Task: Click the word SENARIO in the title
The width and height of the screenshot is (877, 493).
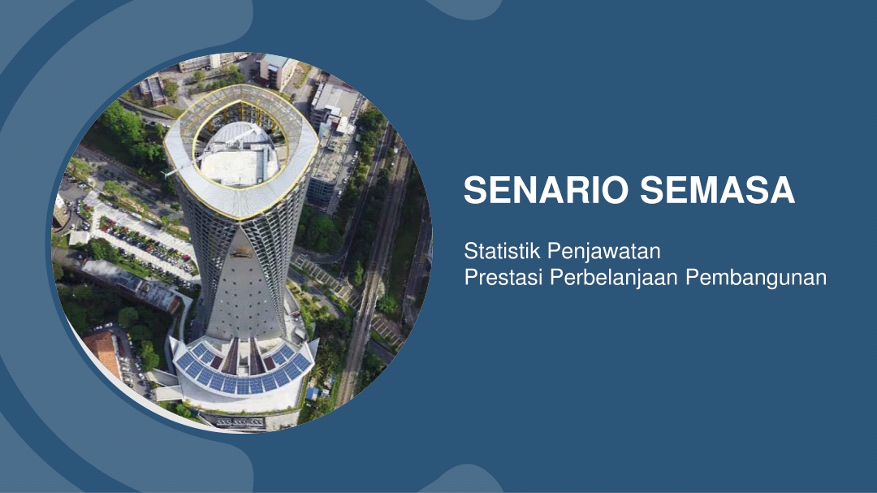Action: (547, 190)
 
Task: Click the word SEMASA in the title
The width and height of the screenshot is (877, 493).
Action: (718, 190)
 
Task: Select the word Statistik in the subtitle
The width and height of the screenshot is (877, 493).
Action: (503, 251)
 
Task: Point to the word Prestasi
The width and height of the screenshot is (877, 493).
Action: (503, 277)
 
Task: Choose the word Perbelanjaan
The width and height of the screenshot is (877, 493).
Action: (614, 278)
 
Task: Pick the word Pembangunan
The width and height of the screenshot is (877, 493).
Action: (756, 278)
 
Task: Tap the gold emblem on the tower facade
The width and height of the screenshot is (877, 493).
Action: (241, 253)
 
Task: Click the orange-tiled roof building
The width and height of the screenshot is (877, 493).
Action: (104, 352)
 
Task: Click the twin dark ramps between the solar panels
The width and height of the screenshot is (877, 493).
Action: (242, 357)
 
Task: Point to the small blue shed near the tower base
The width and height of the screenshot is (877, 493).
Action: (312, 392)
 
